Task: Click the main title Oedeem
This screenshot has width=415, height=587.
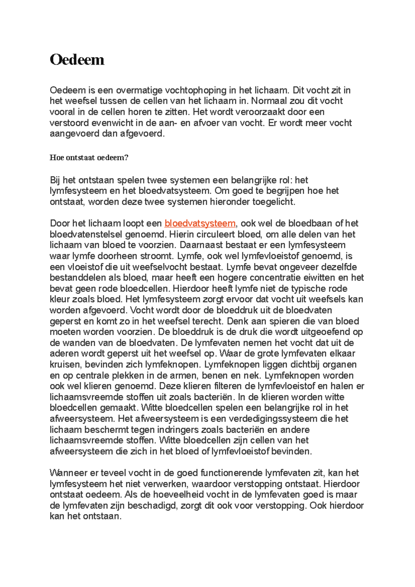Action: (x=77, y=60)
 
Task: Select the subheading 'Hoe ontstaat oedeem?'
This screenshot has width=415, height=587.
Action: (x=89, y=158)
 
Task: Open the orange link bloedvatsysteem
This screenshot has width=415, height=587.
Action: (x=200, y=223)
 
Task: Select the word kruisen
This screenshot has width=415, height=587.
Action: (x=65, y=364)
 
